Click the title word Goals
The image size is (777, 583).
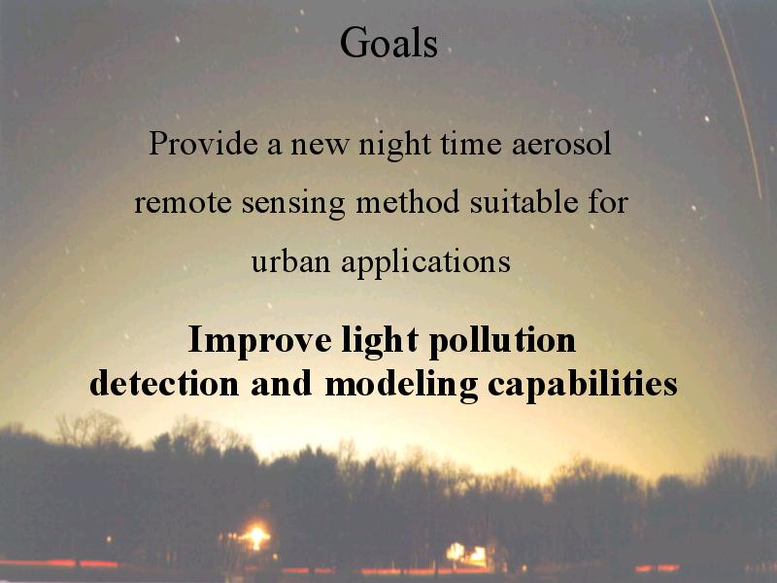(388, 43)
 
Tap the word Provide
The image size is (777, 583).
(203, 143)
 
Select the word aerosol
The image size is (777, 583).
(561, 143)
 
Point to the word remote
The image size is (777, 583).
(183, 203)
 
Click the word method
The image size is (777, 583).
(407, 201)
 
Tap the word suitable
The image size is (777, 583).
(524, 201)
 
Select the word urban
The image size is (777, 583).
(290, 260)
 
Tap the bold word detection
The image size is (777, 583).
(164, 383)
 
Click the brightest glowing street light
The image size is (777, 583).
(256, 535)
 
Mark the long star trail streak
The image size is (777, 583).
(737, 99)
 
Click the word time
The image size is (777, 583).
(471, 143)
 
